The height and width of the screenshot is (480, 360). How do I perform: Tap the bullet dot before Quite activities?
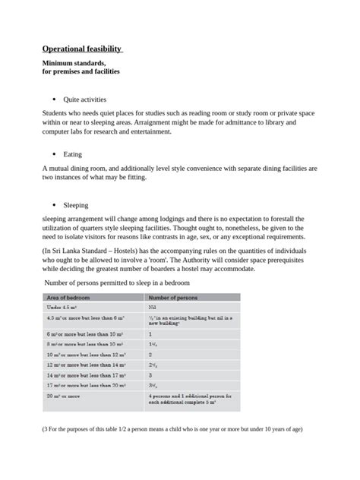[x=53, y=99]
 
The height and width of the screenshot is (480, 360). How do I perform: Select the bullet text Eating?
[x=73, y=153]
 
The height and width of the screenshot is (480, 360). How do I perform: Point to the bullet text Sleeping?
[x=76, y=205]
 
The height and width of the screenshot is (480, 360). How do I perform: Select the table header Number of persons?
[x=174, y=298]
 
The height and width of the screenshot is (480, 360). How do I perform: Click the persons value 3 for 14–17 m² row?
[x=150, y=374]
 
